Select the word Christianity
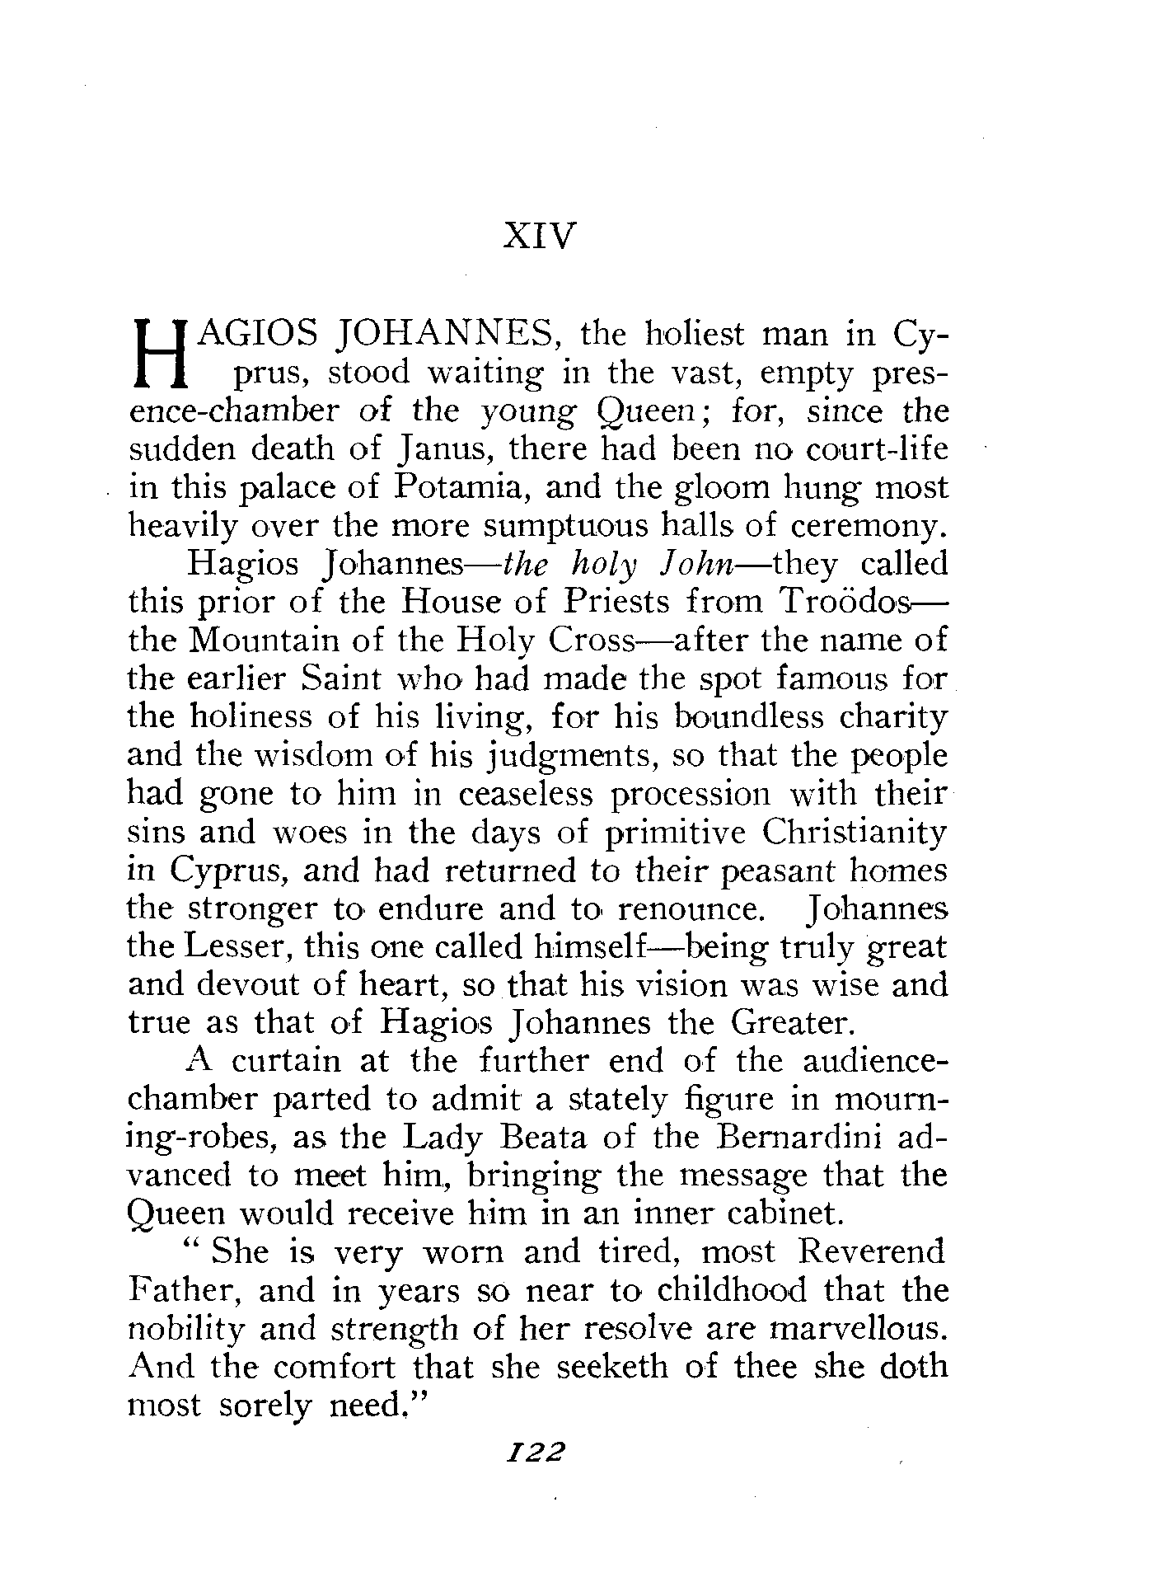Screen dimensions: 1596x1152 click(854, 832)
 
